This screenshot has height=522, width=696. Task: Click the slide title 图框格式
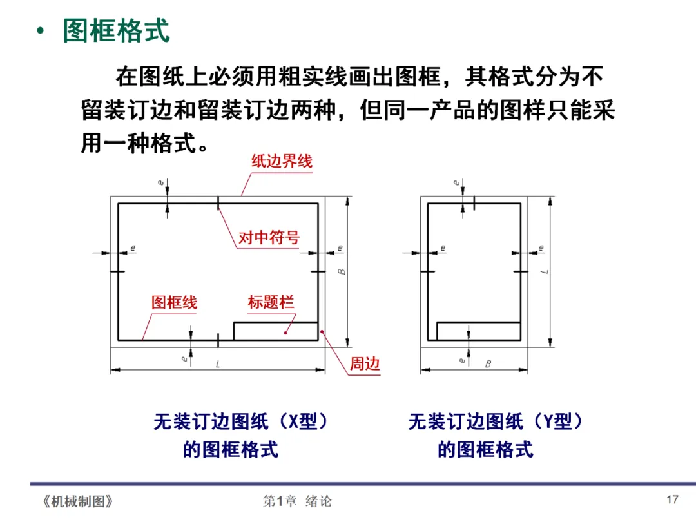click(116, 31)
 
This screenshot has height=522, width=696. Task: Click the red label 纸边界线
click(282, 161)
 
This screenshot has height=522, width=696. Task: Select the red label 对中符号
click(269, 238)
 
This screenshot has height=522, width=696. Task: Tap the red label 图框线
click(174, 302)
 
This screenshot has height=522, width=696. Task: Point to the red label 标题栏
click(271, 302)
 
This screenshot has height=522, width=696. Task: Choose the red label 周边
click(365, 364)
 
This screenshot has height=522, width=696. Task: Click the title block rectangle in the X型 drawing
click(276, 331)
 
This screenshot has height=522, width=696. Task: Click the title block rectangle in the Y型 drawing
click(479, 331)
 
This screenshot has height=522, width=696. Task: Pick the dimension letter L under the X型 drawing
click(218, 364)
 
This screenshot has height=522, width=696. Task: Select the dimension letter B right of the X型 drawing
click(342, 271)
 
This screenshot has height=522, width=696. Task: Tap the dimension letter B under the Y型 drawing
click(488, 364)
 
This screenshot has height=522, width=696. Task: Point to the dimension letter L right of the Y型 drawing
click(545, 271)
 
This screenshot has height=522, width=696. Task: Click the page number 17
click(672, 500)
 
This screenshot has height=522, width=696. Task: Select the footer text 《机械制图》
click(77, 501)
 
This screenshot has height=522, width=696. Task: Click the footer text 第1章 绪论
click(297, 501)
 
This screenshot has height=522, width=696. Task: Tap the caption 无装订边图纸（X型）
click(241, 422)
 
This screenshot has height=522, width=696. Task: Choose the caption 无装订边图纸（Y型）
click(496, 422)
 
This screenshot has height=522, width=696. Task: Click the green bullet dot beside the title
click(42, 31)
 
